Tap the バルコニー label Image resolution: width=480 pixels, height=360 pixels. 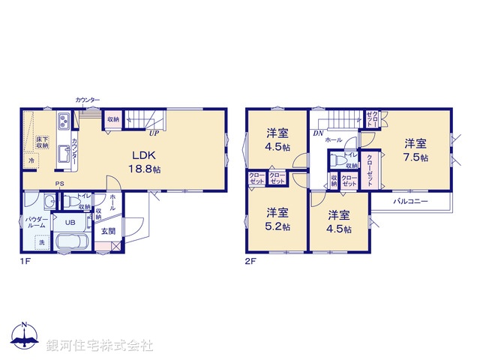point(409,202)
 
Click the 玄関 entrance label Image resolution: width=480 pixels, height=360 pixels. point(109,231)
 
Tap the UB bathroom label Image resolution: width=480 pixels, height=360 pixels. point(68,223)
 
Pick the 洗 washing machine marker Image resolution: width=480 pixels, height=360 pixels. point(41,242)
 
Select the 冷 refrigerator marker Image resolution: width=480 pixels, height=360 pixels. point(31,160)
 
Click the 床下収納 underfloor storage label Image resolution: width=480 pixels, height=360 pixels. point(41,142)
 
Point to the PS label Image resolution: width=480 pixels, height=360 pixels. point(58,184)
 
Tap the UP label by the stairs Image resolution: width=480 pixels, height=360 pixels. point(153,134)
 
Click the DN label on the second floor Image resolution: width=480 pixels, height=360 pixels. point(318,133)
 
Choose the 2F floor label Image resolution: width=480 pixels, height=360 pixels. point(250,262)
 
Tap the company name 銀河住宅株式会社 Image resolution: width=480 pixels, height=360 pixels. point(99,346)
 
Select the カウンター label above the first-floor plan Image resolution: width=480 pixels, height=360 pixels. point(87,100)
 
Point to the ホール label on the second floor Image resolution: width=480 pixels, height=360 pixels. point(334,140)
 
